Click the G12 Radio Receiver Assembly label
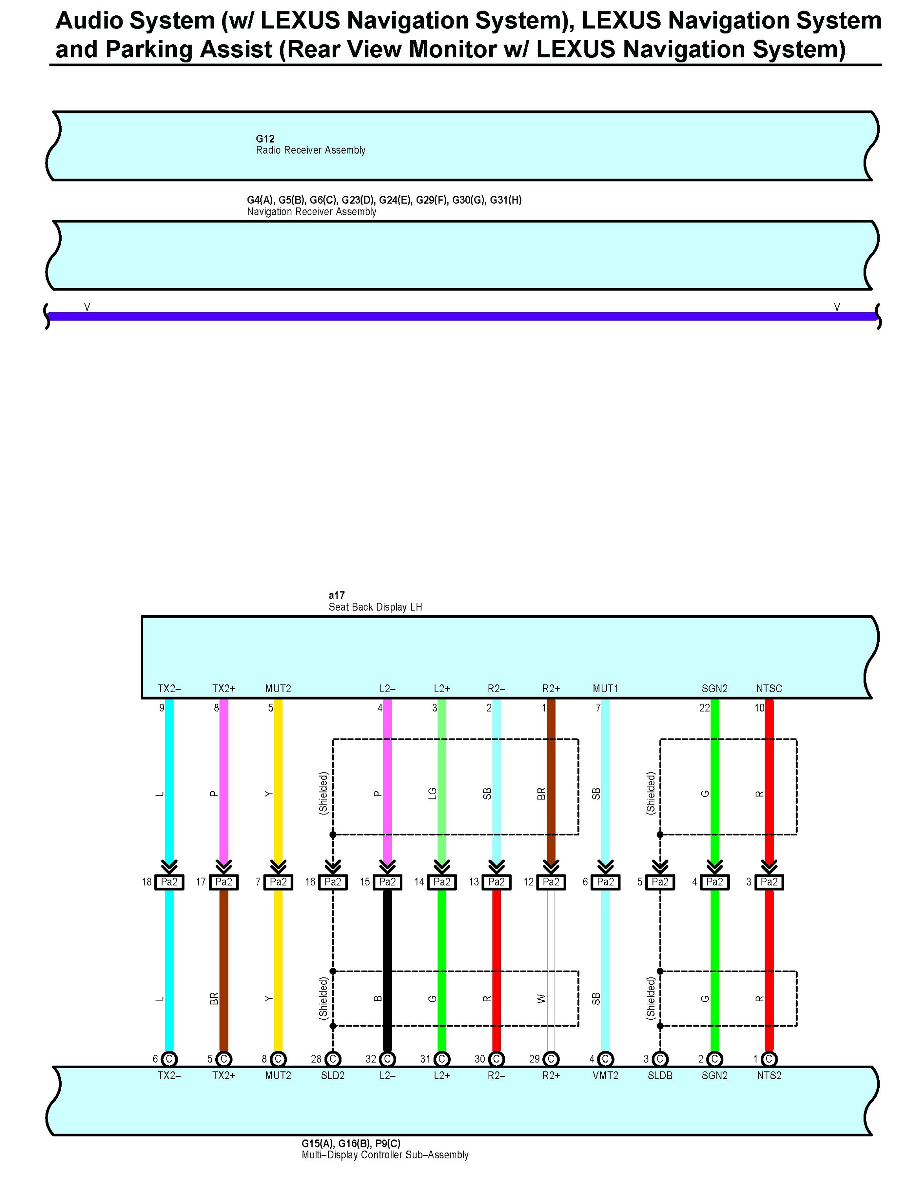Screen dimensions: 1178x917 310,145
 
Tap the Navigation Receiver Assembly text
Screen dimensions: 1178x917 311,212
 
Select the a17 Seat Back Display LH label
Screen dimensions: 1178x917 375,602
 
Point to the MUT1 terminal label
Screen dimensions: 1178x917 605,689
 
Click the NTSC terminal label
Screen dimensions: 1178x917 769,689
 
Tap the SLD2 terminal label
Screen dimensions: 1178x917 333,1076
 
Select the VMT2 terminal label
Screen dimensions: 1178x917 605,1076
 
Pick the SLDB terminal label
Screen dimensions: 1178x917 660,1076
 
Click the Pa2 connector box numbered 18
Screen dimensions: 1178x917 169,882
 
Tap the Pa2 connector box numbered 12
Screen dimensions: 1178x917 551,882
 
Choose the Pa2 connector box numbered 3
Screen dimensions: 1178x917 769,882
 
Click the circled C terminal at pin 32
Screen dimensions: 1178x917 387,1059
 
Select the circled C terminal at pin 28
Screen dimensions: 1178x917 333,1059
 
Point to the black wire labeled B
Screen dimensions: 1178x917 387,971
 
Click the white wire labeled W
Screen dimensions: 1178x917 551,971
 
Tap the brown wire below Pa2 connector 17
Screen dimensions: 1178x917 224,971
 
